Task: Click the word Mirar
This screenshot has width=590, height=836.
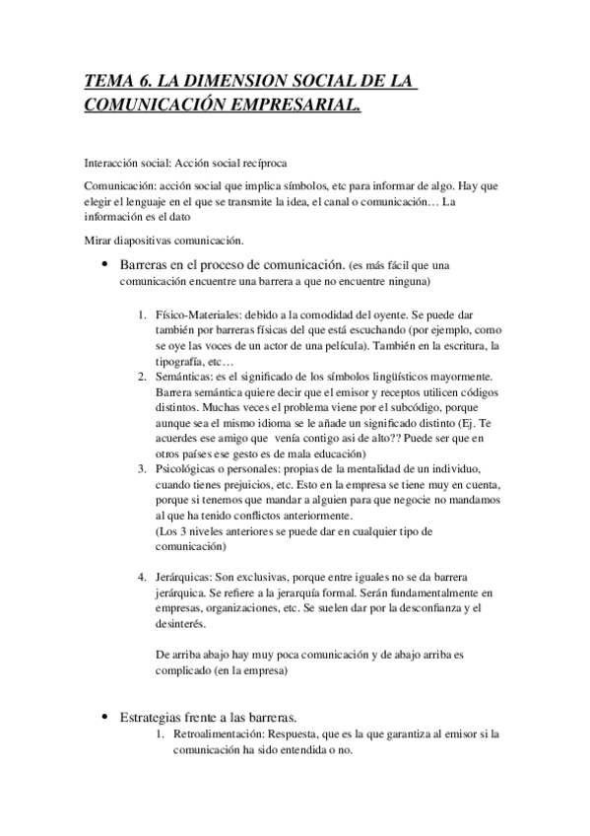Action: [x=100, y=242]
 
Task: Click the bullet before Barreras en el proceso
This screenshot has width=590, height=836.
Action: [x=104, y=267]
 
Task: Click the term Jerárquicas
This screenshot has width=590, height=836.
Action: [x=183, y=575]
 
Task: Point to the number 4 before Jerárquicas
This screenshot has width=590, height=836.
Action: [x=143, y=575]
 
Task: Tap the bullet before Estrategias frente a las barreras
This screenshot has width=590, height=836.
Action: [x=104, y=716]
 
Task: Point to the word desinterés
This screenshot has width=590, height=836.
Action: [x=181, y=621]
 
